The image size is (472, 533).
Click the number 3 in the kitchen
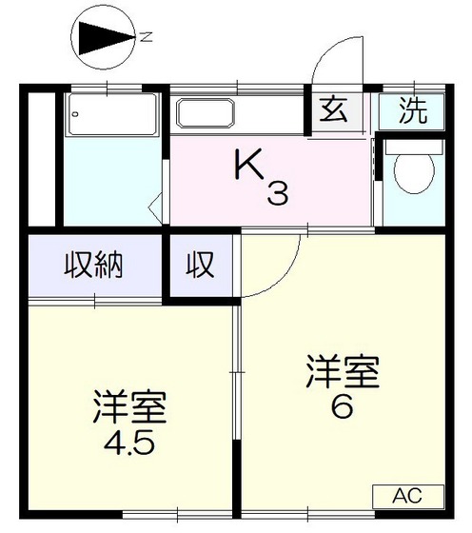[277, 195]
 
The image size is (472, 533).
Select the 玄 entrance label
[332, 111]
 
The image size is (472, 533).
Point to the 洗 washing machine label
[412, 111]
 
